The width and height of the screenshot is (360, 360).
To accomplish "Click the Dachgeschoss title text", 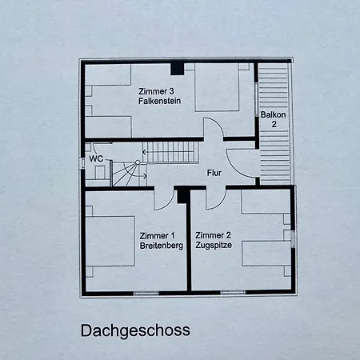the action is (x=135, y=331).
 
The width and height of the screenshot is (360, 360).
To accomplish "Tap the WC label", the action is (x=96, y=158).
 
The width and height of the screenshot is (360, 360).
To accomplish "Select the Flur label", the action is (x=214, y=173).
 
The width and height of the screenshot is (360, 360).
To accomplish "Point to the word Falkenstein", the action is (x=159, y=101).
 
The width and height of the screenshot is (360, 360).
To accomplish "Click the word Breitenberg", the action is (x=162, y=246).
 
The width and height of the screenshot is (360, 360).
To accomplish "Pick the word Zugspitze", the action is (x=214, y=245).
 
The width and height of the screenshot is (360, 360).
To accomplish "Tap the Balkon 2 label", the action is (x=273, y=119).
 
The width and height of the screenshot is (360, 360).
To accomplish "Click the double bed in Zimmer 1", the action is (x=110, y=242).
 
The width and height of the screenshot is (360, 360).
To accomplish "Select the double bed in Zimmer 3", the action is (x=217, y=87).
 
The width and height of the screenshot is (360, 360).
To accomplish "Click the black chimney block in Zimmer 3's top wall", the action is (x=178, y=69).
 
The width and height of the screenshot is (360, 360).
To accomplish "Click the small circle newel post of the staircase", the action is (x=138, y=162).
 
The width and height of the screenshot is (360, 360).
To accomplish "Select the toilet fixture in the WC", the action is (x=100, y=171).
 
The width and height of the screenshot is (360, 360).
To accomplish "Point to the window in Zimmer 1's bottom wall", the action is (x=146, y=294).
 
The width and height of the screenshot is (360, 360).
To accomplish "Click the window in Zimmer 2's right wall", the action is (x=293, y=239).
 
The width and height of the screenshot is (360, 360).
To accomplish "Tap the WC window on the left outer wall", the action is (x=82, y=162).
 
